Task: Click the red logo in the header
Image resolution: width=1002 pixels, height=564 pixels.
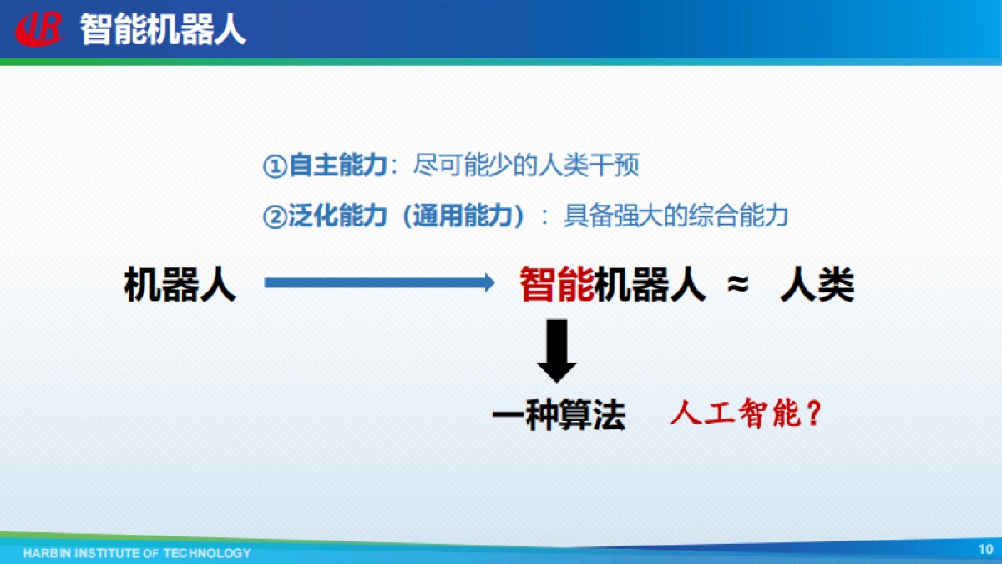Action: coord(40,30)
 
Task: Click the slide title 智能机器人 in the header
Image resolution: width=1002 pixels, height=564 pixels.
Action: coord(163,30)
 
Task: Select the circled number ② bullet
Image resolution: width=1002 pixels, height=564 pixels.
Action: coord(275,217)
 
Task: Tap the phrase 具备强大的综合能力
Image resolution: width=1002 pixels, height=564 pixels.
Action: coord(676,217)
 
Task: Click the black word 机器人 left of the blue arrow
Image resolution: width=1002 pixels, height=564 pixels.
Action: coord(180,285)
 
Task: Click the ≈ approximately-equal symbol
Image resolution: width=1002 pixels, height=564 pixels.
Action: coord(736,285)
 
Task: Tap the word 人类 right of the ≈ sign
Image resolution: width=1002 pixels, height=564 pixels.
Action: coord(817,285)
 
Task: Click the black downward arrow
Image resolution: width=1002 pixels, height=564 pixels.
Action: coord(557,351)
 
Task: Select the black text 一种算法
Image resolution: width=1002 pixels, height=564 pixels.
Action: coord(559,415)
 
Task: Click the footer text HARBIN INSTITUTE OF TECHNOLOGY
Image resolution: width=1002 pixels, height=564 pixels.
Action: coord(137,553)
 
